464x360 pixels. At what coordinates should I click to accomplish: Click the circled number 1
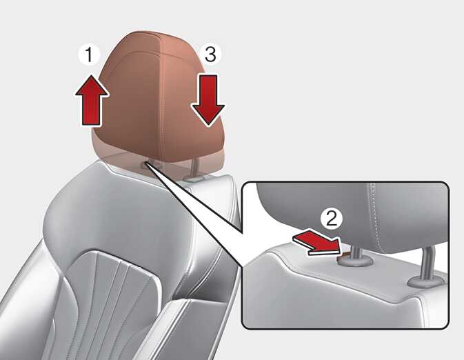coord(89,54)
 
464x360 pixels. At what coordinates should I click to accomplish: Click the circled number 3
coord(210,54)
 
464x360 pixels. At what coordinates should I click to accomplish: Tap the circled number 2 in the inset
coord(332,219)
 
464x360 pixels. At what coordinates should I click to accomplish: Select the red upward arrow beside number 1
coord(92,100)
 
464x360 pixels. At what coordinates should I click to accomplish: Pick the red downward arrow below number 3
coord(208,100)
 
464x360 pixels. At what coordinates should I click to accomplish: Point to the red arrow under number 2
coord(317,242)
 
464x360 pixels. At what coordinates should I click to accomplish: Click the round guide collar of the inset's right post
coord(426,282)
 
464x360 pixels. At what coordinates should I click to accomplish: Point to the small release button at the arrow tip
coord(345,254)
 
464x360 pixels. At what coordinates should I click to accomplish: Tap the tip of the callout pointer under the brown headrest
coord(146,163)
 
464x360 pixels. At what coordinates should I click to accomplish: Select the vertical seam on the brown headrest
coord(161,98)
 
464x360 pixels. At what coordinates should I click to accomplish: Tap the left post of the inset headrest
coord(356,253)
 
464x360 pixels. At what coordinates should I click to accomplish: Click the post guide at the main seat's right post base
coord(194,179)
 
